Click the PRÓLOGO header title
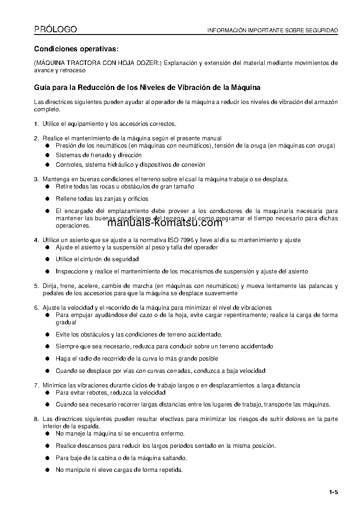tap(55, 30)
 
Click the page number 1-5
tap(334, 492)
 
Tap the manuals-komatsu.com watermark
tap(165, 223)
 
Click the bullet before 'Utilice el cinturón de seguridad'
tap(47, 259)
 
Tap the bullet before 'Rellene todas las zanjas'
tap(47, 198)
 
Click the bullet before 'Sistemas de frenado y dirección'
tap(47, 155)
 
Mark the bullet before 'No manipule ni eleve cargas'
tap(47, 470)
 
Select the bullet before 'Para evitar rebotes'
tap(47, 392)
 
